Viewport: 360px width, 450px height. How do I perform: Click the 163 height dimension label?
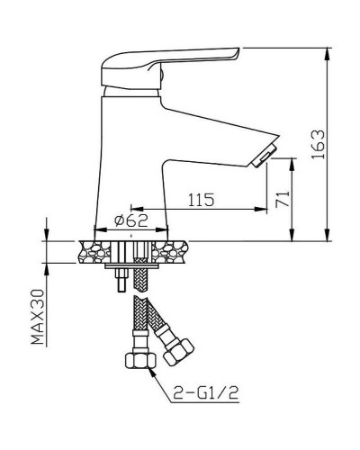tap(318, 144)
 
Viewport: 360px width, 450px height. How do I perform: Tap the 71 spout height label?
tap(283, 198)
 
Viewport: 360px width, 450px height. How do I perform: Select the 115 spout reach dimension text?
tap(202, 200)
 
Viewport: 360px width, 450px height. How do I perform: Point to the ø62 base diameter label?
tap(131, 220)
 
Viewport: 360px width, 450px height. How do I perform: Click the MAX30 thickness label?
tap(38, 317)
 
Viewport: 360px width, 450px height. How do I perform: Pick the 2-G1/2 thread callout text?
tap(206, 391)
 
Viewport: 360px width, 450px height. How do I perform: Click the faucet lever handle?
tap(169, 67)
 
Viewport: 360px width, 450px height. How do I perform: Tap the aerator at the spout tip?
tap(264, 155)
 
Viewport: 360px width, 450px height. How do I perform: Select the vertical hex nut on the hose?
tap(140, 361)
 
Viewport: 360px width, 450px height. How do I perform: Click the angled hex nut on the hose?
tap(178, 352)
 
